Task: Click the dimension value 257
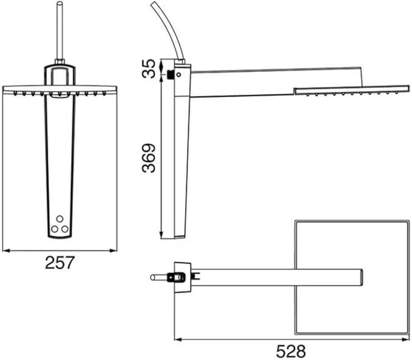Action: coord(60,262)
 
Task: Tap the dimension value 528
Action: coord(291,351)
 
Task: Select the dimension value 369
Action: coord(149,158)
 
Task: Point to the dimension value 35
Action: coord(149,69)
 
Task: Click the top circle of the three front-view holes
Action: coord(60,219)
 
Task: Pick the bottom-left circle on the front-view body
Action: coord(55,229)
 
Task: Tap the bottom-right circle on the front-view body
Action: coord(65,229)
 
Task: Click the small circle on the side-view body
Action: coord(178,75)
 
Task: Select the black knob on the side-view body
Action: coord(171,75)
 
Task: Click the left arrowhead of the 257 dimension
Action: coord(6,251)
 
